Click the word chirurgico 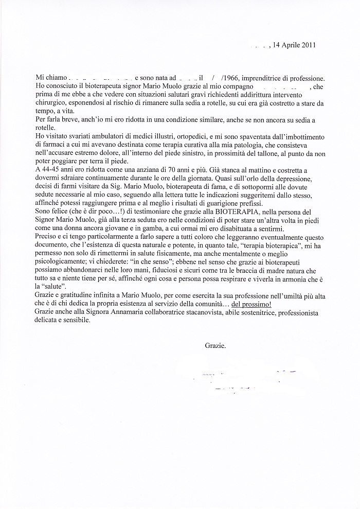coord(49,103)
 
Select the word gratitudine coord(71,294)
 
